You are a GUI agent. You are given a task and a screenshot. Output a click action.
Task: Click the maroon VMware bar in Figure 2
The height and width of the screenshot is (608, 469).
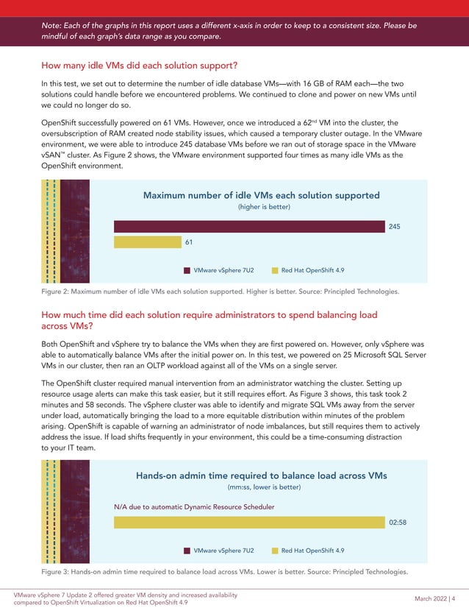click(249, 226)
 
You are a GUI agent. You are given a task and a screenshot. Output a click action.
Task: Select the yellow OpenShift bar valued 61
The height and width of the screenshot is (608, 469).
click(147, 241)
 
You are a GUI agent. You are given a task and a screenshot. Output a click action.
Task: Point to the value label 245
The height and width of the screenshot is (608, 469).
click(394, 227)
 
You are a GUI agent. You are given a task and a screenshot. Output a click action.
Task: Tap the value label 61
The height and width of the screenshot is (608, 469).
click(190, 241)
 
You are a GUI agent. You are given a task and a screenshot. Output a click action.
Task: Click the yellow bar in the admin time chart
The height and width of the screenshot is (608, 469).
click(249, 522)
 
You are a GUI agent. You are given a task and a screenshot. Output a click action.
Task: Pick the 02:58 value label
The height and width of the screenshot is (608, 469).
click(398, 522)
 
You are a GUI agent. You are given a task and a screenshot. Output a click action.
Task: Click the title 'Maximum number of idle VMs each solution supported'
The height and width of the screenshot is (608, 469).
click(261, 195)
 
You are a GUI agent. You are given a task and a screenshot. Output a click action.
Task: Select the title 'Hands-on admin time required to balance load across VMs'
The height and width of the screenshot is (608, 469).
click(261, 476)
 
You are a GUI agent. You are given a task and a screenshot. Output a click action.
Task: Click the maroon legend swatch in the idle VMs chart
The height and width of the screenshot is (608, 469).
click(187, 270)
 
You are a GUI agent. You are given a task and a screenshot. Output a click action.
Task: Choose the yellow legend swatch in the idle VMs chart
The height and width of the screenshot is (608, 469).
click(275, 270)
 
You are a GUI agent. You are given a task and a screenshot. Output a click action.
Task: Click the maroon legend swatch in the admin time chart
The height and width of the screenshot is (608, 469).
click(187, 551)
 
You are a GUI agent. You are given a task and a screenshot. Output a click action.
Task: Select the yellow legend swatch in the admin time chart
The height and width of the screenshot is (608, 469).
click(275, 551)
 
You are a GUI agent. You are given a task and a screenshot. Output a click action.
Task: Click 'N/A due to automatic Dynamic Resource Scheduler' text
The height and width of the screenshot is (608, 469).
click(194, 507)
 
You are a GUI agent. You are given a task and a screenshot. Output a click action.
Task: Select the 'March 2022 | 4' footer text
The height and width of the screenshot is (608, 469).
click(435, 598)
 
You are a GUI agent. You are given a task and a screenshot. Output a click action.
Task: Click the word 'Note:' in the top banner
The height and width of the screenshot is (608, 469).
click(54, 26)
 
